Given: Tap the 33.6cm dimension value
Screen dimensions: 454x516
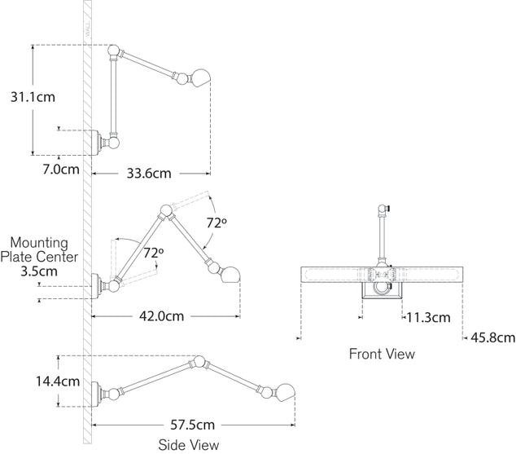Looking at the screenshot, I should coord(148,173).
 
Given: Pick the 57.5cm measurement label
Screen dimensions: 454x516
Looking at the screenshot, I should coord(192,425).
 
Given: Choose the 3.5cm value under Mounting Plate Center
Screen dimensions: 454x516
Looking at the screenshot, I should coord(40,271).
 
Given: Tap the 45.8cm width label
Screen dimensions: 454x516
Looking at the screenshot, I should coord(492,336).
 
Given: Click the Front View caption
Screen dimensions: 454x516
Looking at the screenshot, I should coord(382,354).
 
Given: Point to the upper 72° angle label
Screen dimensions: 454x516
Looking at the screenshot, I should coord(216,222).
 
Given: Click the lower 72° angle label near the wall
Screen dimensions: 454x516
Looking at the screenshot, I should coord(153,253).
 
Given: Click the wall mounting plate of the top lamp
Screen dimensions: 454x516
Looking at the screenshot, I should coord(98,143).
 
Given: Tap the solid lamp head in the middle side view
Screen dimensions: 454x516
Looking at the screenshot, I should coord(232,271).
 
